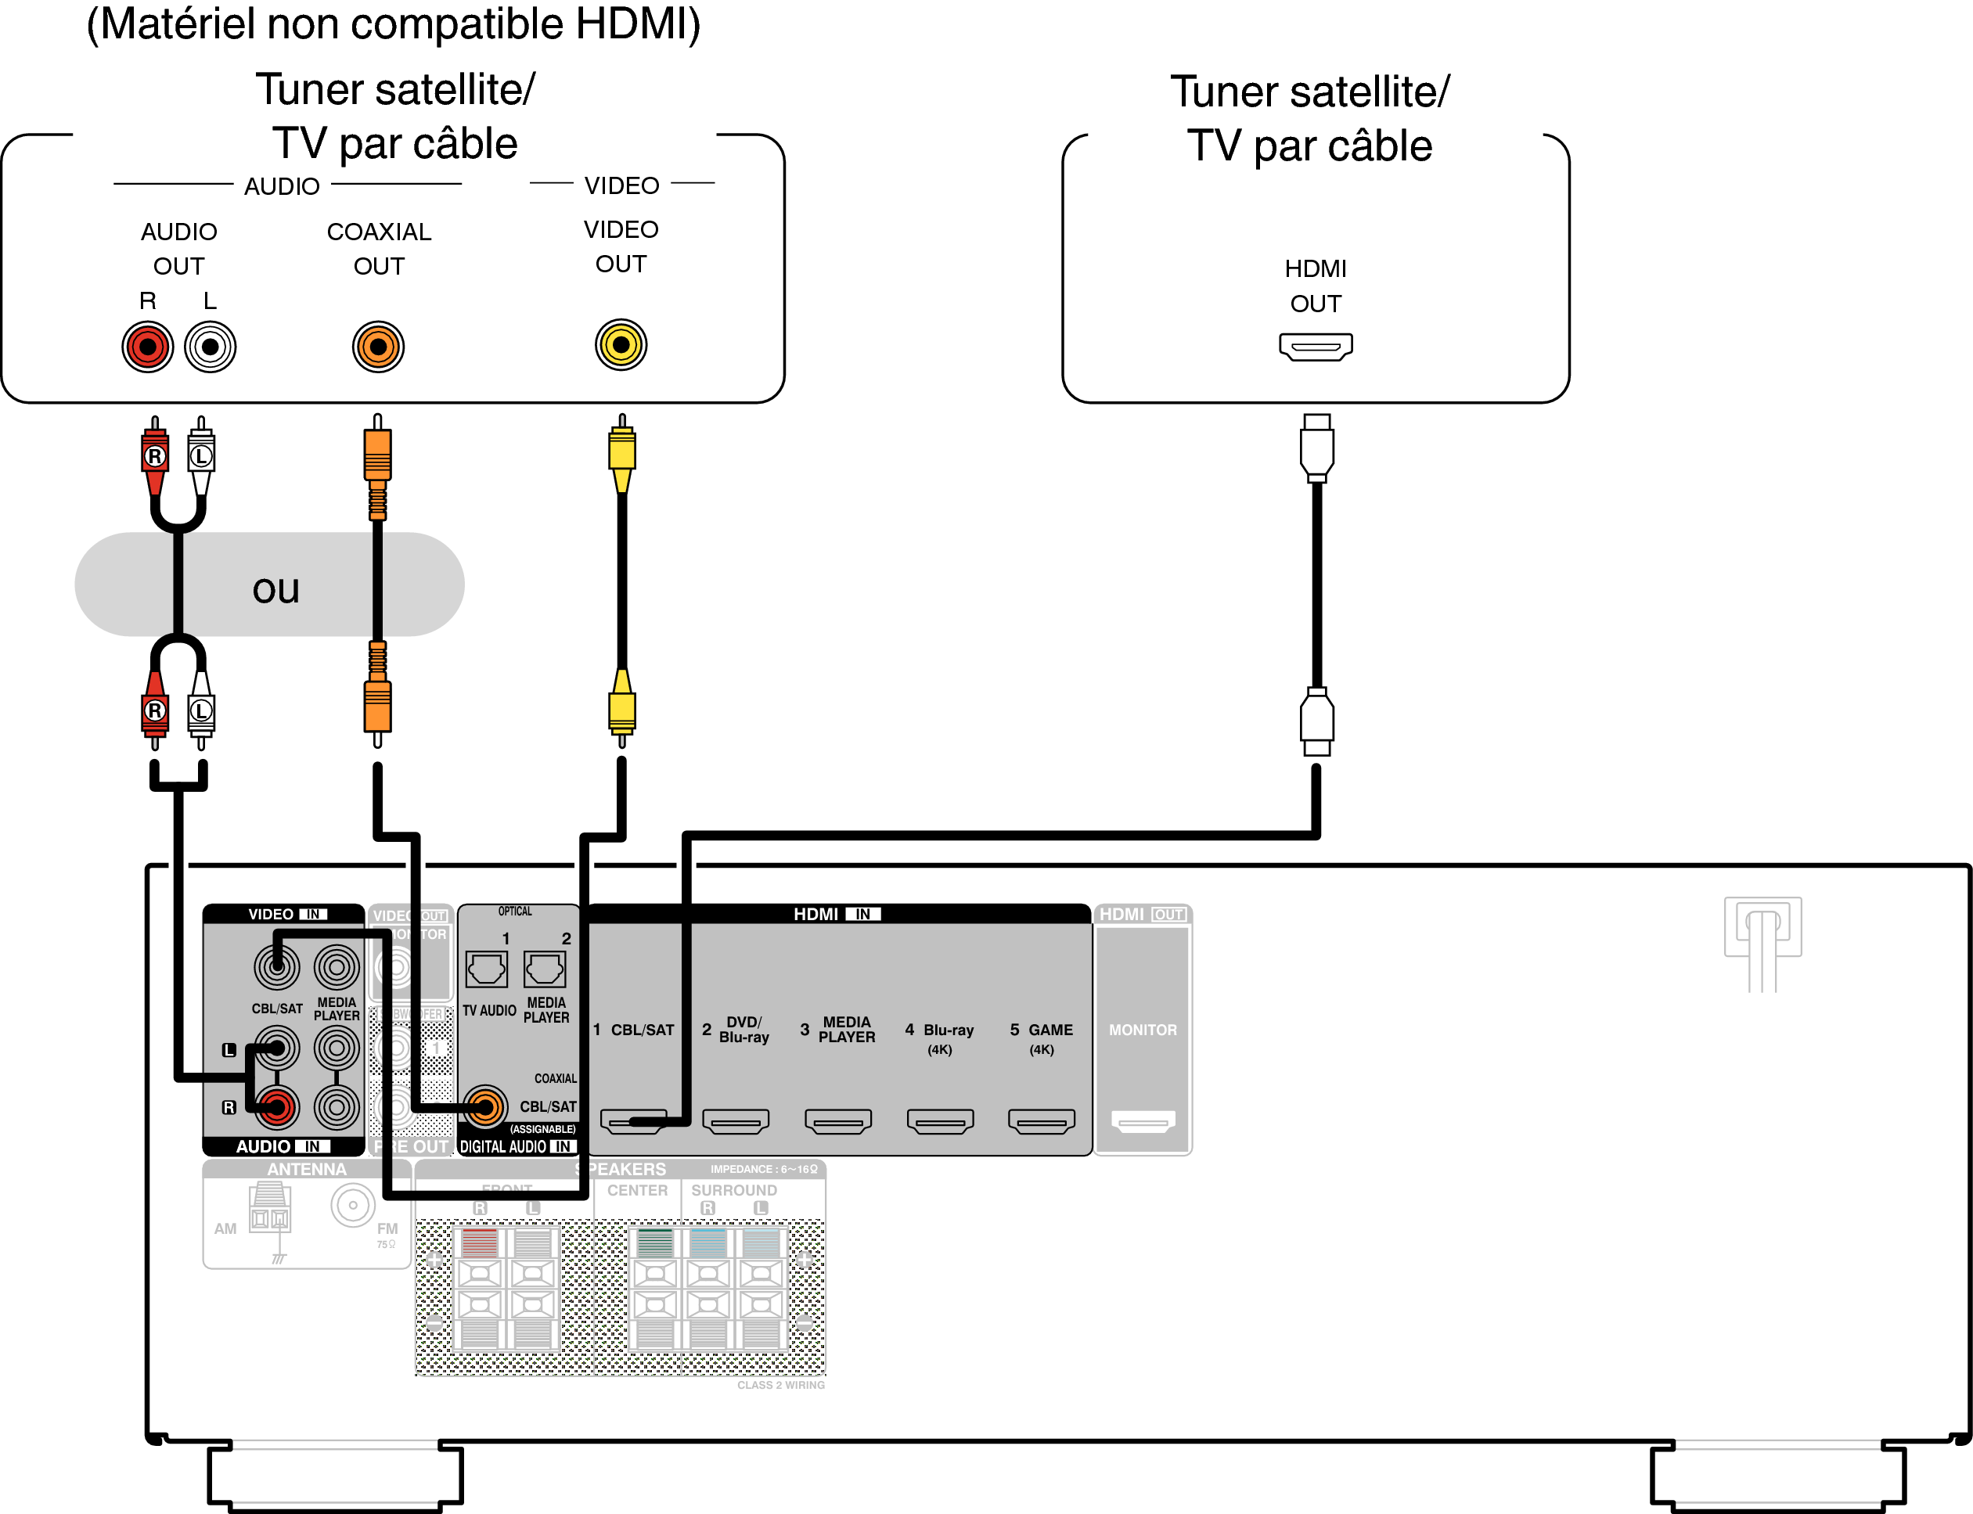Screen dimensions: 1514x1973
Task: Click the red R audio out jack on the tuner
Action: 148,347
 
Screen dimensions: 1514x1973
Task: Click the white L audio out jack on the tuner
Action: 210,347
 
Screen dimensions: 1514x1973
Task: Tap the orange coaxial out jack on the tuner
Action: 378,347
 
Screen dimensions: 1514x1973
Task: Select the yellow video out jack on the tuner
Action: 620,344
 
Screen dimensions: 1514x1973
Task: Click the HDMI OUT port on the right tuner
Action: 1315,346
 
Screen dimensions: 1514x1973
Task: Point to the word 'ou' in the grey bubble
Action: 275,589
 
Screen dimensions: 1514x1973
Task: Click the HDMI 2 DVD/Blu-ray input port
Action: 736,1121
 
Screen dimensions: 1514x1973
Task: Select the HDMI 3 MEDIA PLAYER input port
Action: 837,1121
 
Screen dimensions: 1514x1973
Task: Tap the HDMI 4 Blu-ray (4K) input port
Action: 940,1121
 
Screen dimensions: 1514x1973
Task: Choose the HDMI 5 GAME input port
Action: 1041,1121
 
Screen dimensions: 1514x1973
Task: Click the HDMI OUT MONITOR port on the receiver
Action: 1143,1121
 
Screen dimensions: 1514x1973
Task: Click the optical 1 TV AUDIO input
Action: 487,969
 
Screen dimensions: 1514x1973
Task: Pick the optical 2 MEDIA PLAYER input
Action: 545,969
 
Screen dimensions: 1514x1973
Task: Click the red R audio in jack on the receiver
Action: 277,1106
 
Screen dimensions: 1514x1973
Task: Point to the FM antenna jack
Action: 353,1205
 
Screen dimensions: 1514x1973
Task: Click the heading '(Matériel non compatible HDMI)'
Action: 393,24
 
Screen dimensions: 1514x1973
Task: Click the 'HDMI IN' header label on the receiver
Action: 837,914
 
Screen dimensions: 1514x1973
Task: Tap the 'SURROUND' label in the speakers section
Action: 733,1191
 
